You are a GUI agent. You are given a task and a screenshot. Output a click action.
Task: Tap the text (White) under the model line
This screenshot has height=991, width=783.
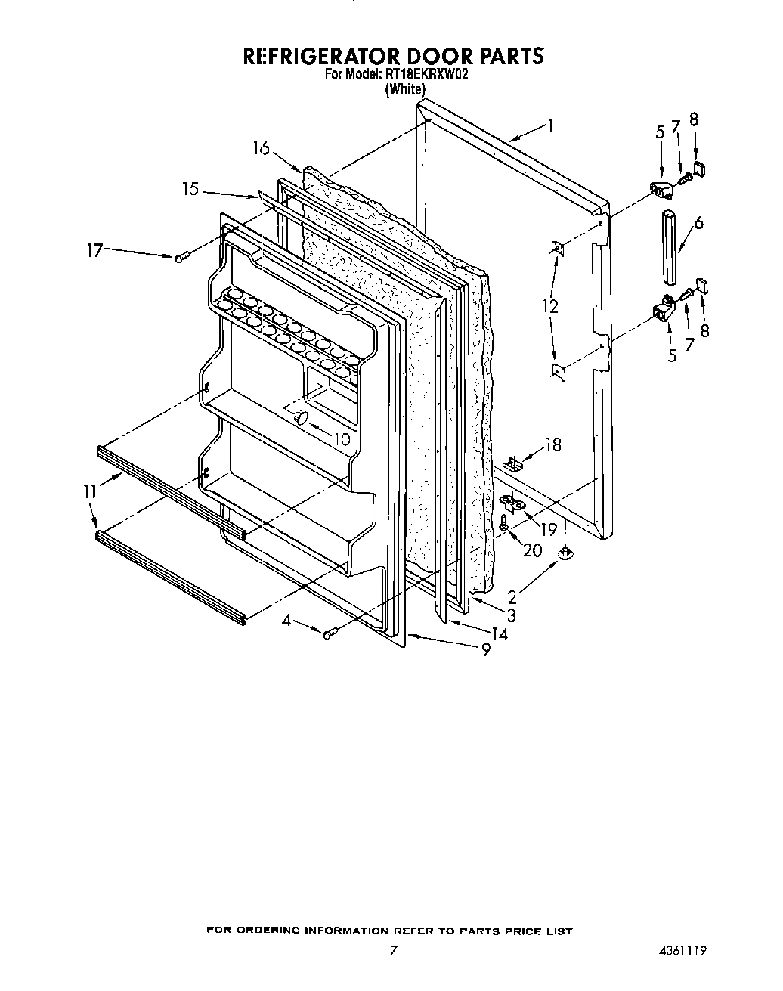(405, 89)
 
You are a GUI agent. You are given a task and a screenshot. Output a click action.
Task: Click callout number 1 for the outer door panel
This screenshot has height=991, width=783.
(551, 126)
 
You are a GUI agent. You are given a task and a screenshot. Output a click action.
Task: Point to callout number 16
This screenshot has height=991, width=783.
(262, 148)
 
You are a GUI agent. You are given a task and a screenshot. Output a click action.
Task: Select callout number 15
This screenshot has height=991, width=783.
(190, 189)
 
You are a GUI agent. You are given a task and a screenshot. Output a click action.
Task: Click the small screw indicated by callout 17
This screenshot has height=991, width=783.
(180, 259)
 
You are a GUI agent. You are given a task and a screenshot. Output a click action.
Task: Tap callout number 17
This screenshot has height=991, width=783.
(94, 249)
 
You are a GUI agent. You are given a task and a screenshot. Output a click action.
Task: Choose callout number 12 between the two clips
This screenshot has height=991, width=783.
(550, 307)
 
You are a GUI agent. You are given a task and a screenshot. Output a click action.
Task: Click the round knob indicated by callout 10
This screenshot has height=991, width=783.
(302, 418)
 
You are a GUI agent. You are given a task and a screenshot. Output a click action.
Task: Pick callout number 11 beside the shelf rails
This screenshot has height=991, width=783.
(91, 492)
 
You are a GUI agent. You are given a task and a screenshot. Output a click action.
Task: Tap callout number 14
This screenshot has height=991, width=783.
(499, 633)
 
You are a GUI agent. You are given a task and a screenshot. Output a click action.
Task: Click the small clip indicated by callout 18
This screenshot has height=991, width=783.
(513, 463)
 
